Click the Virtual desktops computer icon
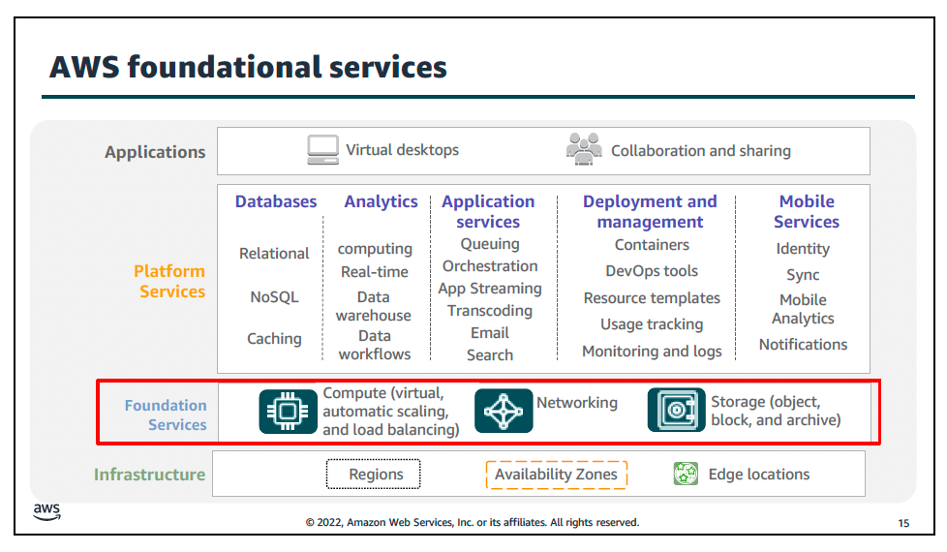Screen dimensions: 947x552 coord(322,150)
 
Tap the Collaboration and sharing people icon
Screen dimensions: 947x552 coord(584,148)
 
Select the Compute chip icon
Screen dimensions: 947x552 coord(289,412)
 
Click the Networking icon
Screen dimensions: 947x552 coord(504,411)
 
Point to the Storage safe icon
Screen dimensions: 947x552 coord(677,410)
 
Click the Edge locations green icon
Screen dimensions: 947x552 coord(686,474)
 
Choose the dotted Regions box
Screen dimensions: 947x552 coord(373,475)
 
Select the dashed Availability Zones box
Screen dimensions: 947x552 coord(556,475)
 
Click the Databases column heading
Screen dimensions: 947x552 coord(276,201)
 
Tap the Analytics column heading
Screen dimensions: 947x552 coord(382,201)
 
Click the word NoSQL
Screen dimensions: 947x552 coord(274,297)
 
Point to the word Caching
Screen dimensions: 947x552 coord(274,339)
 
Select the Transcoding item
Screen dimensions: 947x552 coord(490,311)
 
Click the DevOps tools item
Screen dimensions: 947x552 coord(652,271)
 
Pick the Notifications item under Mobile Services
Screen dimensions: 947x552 coord(804,344)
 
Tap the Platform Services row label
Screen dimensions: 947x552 coord(169,282)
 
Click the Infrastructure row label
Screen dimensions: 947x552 coord(150,475)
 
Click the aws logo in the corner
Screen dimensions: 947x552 coord(46,511)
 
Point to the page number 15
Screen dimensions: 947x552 coord(903,523)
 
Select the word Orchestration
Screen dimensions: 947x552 coord(490,266)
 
